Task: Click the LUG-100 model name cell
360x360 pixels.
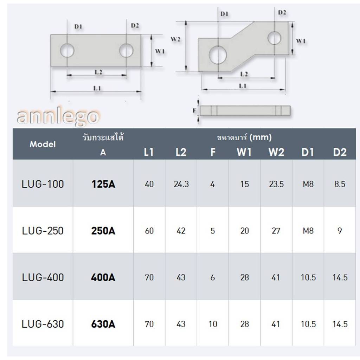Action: pyautogui.click(x=43, y=184)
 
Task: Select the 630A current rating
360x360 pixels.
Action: pyautogui.click(x=103, y=324)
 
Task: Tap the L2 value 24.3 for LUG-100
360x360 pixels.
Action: pyautogui.click(x=181, y=184)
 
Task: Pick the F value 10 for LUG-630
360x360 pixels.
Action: pyautogui.click(x=213, y=324)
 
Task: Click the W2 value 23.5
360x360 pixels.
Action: pyautogui.click(x=276, y=184)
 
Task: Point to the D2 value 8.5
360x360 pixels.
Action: pyautogui.click(x=340, y=184)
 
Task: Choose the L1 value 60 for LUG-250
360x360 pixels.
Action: pyautogui.click(x=149, y=231)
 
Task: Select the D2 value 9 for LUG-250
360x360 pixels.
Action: pyautogui.click(x=340, y=231)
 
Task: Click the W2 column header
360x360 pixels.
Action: pyautogui.click(x=276, y=152)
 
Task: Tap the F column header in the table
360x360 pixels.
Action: pyautogui.click(x=213, y=152)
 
